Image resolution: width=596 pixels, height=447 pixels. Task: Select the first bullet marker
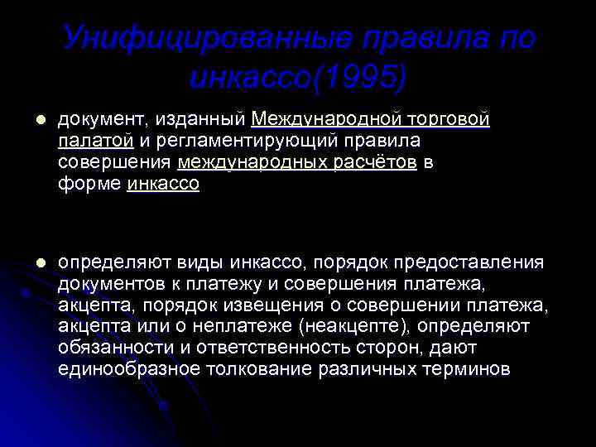[30, 120]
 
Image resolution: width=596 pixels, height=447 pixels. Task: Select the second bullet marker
[30, 263]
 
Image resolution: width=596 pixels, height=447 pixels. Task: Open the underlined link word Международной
[331, 120]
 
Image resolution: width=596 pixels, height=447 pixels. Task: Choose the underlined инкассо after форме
[164, 185]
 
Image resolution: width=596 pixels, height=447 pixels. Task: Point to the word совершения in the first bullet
[115, 163]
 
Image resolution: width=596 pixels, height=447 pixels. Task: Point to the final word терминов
[464, 369]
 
